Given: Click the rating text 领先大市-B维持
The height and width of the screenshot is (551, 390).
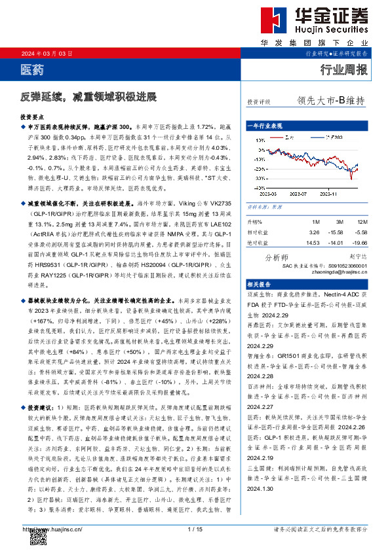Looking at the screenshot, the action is (x=330, y=101).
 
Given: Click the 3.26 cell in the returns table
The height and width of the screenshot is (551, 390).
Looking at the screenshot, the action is (x=314, y=232).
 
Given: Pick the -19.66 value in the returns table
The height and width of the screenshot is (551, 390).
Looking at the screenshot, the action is (x=361, y=243).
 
